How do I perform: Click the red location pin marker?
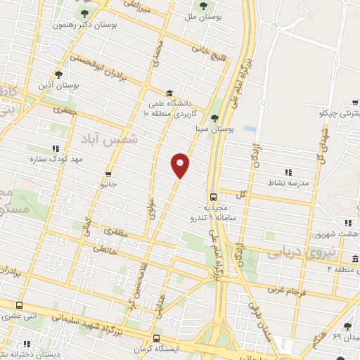181,165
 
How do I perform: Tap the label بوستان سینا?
214,129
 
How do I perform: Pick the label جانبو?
106,185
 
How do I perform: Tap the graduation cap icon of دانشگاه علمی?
169,94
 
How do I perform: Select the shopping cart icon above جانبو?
108,174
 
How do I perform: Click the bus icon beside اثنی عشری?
19,306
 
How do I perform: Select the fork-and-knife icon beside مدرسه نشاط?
288,172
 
